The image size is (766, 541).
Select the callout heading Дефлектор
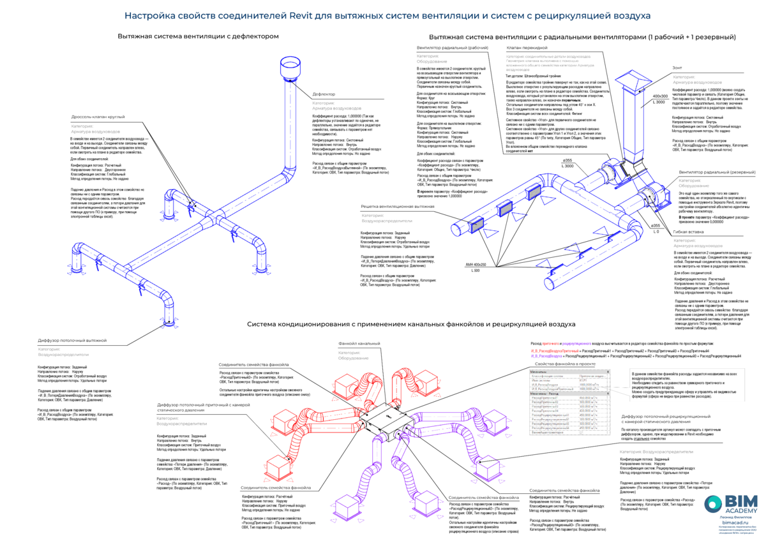tap(324, 94)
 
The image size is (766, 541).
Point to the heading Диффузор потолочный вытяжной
tap(71, 341)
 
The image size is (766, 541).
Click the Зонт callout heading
tap(679, 67)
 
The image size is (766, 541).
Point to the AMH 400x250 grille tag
tap(476, 264)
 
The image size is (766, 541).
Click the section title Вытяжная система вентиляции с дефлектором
tap(198, 36)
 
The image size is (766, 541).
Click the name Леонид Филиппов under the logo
tap(735, 517)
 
